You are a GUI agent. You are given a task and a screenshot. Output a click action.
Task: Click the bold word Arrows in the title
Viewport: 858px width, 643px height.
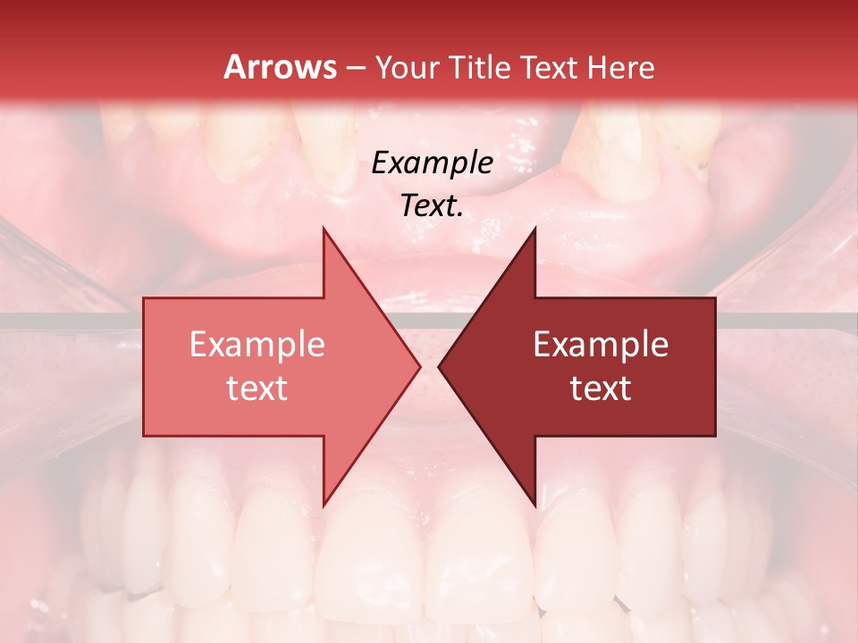280,67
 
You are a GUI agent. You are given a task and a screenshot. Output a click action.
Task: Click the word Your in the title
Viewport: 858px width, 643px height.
406,67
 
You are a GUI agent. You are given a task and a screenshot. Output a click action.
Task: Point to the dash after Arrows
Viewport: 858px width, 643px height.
356,69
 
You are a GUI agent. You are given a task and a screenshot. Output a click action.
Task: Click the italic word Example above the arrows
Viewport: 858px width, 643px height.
432,163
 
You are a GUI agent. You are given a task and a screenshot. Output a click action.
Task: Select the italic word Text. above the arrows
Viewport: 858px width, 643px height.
432,205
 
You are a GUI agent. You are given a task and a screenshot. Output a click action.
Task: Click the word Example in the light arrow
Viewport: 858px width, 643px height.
257,345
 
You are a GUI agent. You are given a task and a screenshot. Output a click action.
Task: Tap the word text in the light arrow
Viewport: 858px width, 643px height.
257,388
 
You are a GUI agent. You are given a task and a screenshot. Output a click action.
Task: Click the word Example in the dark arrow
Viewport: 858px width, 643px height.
601,345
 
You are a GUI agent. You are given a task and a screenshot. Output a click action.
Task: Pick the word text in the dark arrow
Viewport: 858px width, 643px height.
601,388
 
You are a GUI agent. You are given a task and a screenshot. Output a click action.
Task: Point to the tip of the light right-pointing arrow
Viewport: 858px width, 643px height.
420,366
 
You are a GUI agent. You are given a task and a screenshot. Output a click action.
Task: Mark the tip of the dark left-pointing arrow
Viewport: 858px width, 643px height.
439,366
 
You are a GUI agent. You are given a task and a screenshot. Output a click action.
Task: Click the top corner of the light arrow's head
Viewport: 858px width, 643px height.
324,228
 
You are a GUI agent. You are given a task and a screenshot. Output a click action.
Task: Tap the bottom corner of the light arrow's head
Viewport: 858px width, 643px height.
324,505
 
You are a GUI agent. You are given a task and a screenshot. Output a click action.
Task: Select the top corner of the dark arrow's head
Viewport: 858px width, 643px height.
534,228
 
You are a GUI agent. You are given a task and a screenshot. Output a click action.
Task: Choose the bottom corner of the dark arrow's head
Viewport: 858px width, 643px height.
534,505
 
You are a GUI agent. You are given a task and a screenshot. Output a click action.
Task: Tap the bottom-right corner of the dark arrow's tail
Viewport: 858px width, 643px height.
715,436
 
